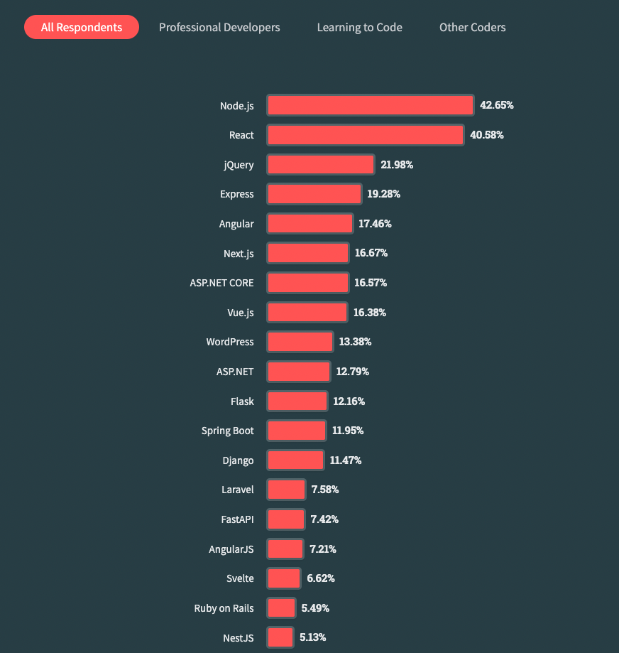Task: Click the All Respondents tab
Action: [x=82, y=28]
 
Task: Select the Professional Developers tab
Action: [x=219, y=28]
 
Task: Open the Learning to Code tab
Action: [x=359, y=28]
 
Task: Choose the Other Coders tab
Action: [x=472, y=28]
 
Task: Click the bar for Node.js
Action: [x=370, y=105]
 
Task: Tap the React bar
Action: [x=365, y=135]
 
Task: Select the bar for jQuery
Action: [x=320, y=165]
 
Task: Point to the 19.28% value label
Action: [x=384, y=194]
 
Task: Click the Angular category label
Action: [x=236, y=224]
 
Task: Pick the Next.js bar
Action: [x=307, y=253]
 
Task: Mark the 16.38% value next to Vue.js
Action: [x=369, y=313]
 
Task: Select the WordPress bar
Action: [x=300, y=342]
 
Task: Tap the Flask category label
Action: [x=242, y=401]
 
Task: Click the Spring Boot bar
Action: [x=296, y=431]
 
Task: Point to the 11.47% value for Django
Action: [x=346, y=460]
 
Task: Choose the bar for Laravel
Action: [x=285, y=490]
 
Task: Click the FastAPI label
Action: [x=237, y=519]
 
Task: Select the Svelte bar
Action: [x=283, y=578]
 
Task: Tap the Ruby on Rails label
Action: [x=224, y=608]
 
